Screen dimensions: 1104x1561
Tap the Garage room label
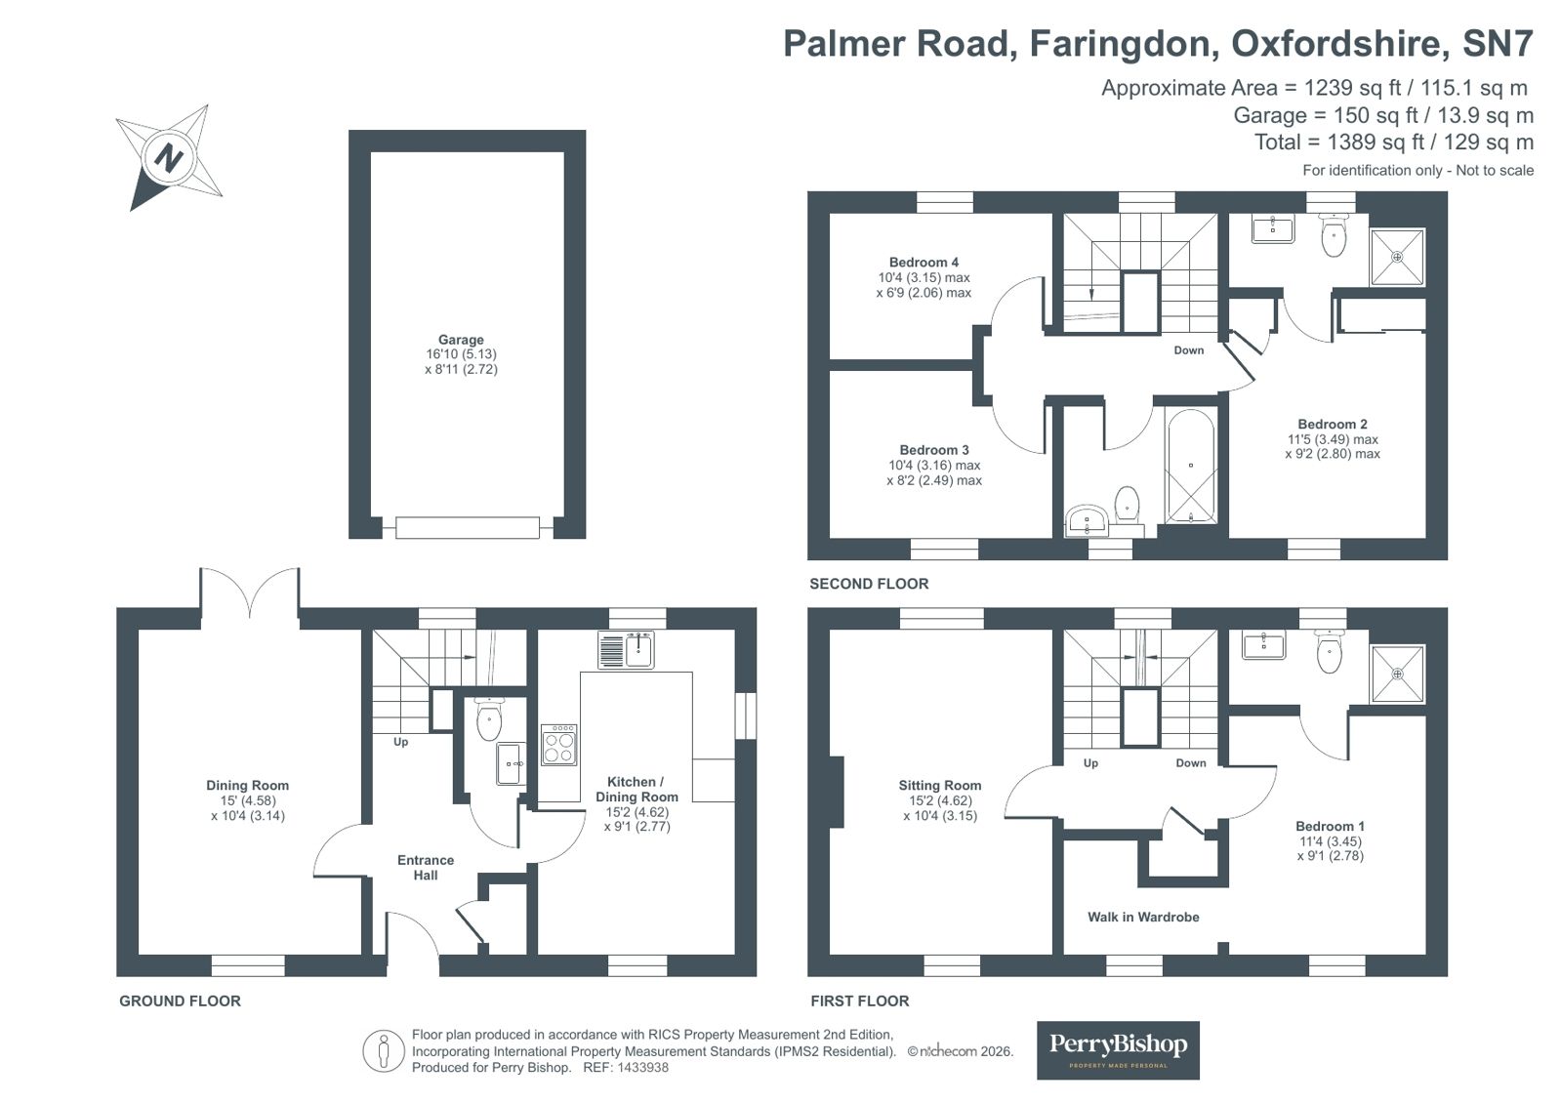click(461, 340)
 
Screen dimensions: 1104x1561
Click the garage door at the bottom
click(467, 528)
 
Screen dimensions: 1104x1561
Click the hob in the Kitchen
click(559, 745)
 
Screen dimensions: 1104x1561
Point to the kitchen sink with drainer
click(626, 650)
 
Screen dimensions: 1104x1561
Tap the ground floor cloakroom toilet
click(488, 720)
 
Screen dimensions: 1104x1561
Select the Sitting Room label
click(939, 785)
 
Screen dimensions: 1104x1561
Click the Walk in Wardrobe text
click(1143, 917)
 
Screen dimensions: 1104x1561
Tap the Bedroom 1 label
click(1330, 826)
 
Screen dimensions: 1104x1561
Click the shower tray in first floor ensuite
click(1397, 674)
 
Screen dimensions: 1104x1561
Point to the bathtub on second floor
click(1191, 466)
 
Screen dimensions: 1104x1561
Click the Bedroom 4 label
click(924, 262)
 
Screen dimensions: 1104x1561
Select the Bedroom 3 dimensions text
click(934, 472)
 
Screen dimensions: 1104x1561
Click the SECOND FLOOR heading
click(869, 584)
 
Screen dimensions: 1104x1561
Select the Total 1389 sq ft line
click(1393, 143)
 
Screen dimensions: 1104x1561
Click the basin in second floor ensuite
click(1272, 230)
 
